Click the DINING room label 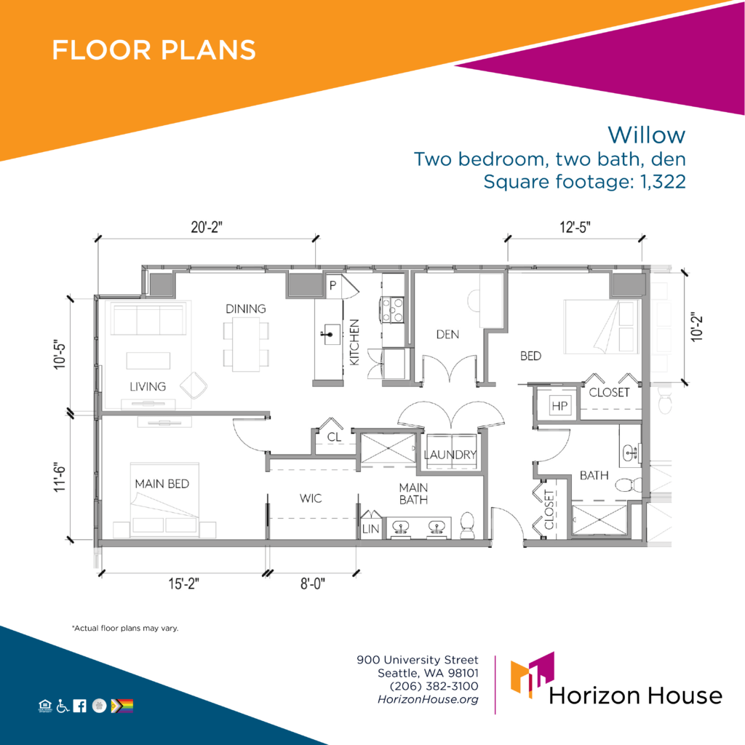tap(246, 308)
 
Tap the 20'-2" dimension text tap(207, 227)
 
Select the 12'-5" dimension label tap(575, 227)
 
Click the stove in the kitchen tap(392, 310)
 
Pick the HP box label tap(559, 406)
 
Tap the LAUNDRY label tap(450, 455)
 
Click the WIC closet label tap(311, 498)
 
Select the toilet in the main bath tap(468, 525)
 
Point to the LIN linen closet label tap(370, 529)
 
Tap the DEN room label tap(447, 335)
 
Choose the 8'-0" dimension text tap(313, 583)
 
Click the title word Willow tap(646, 135)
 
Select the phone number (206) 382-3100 tap(434, 686)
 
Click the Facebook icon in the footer tap(80, 706)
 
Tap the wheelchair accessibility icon tap(63, 706)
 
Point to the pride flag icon tap(122, 706)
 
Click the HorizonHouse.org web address tap(428, 699)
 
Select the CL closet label tap(335, 437)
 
